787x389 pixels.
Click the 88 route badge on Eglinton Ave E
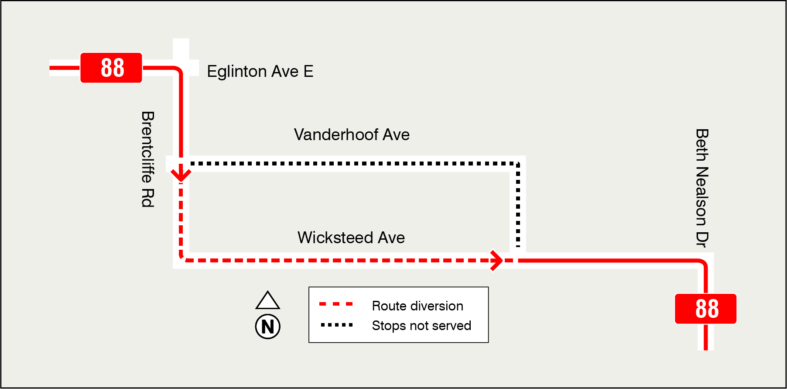[111, 68]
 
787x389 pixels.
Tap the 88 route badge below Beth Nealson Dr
[705, 309]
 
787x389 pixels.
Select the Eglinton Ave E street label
[260, 71]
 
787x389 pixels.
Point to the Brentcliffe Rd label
[148, 159]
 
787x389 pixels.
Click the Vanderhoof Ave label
[352, 134]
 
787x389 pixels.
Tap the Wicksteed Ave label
[351, 238]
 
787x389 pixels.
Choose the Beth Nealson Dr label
[701, 188]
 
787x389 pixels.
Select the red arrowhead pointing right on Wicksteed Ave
[496, 261]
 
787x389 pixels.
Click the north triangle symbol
[267, 301]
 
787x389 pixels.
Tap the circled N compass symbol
[267, 327]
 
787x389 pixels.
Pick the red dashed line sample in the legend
[336, 304]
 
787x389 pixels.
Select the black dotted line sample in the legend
[336, 325]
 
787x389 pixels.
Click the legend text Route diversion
[417, 306]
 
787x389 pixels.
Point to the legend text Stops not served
[421, 325]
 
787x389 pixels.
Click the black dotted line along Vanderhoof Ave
[349, 164]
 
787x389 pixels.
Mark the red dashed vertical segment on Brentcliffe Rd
[181, 218]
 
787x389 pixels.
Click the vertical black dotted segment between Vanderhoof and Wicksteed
[518, 205]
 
